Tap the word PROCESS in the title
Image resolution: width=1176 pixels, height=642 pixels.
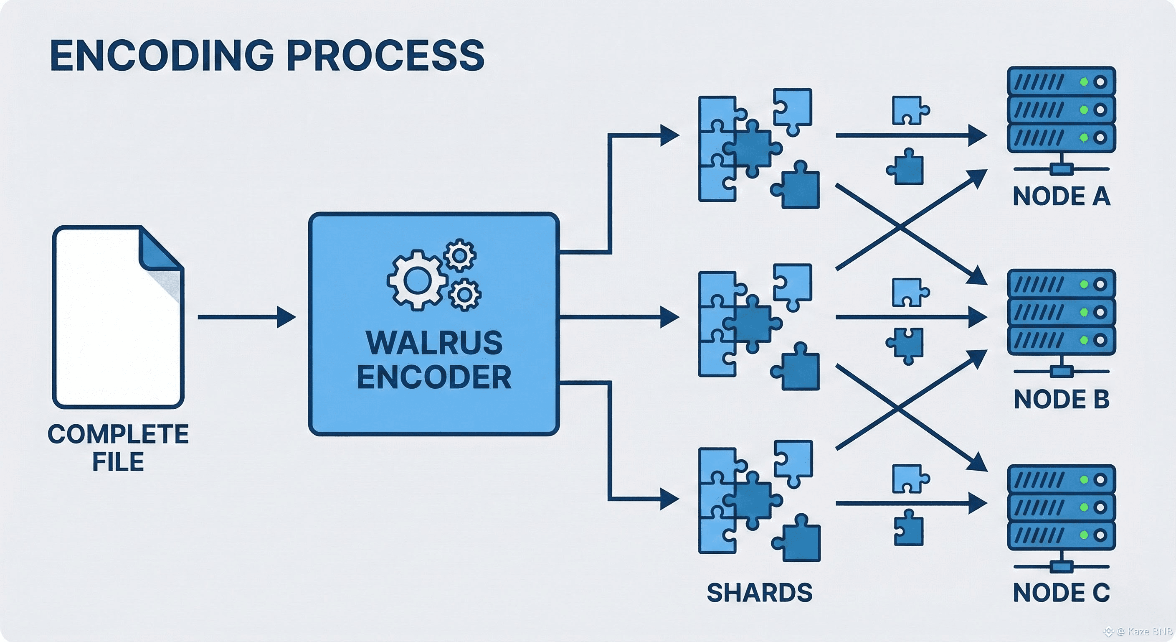386,56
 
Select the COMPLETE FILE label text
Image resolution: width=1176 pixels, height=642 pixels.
118,447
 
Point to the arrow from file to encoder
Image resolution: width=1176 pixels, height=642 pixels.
246,317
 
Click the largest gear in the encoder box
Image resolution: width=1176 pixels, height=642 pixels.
416,280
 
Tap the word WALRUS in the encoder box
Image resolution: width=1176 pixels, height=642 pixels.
434,342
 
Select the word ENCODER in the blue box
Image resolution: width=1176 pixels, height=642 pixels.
434,377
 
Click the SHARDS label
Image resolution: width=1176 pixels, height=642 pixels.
760,593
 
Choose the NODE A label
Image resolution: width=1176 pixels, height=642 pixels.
1062,196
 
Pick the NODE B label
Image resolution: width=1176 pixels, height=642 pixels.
1062,399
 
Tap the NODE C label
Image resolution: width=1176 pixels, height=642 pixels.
1062,593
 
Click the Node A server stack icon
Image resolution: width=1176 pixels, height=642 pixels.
1062,110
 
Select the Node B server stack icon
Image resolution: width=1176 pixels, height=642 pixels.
1062,313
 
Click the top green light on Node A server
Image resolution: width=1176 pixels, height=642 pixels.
1084,82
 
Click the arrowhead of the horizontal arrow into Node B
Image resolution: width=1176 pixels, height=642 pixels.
978,317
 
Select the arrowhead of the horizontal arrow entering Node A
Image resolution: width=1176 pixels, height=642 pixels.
978,136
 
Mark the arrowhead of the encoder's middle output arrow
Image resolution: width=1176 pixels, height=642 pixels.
670,317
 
